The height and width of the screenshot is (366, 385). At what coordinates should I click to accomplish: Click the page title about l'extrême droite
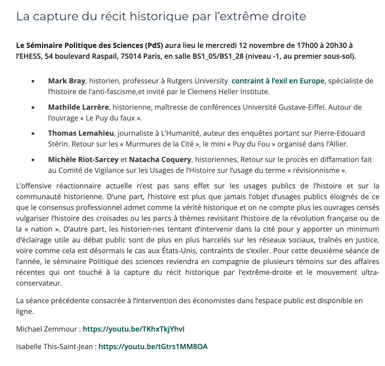click(161, 17)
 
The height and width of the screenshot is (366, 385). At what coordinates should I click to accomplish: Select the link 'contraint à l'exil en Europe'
click(278, 81)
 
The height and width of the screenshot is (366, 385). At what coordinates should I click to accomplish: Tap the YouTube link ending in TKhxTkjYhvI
click(134, 329)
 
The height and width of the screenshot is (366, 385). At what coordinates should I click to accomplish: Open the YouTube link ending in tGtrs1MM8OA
click(153, 346)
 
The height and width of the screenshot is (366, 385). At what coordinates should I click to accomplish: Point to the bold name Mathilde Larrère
click(78, 107)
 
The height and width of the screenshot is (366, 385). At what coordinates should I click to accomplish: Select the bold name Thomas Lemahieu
click(81, 133)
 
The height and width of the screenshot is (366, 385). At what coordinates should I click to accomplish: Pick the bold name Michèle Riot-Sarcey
click(83, 159)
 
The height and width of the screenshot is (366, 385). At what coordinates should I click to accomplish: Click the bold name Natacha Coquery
click(160, 159)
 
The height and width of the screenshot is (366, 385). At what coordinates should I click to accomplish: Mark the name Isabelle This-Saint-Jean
click(54, 346)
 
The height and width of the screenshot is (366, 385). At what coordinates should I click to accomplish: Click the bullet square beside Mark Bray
click(33, 81)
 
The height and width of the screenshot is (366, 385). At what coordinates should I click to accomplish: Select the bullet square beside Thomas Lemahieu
click(33, 134)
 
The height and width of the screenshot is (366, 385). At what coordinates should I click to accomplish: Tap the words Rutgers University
click(201, 81)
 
